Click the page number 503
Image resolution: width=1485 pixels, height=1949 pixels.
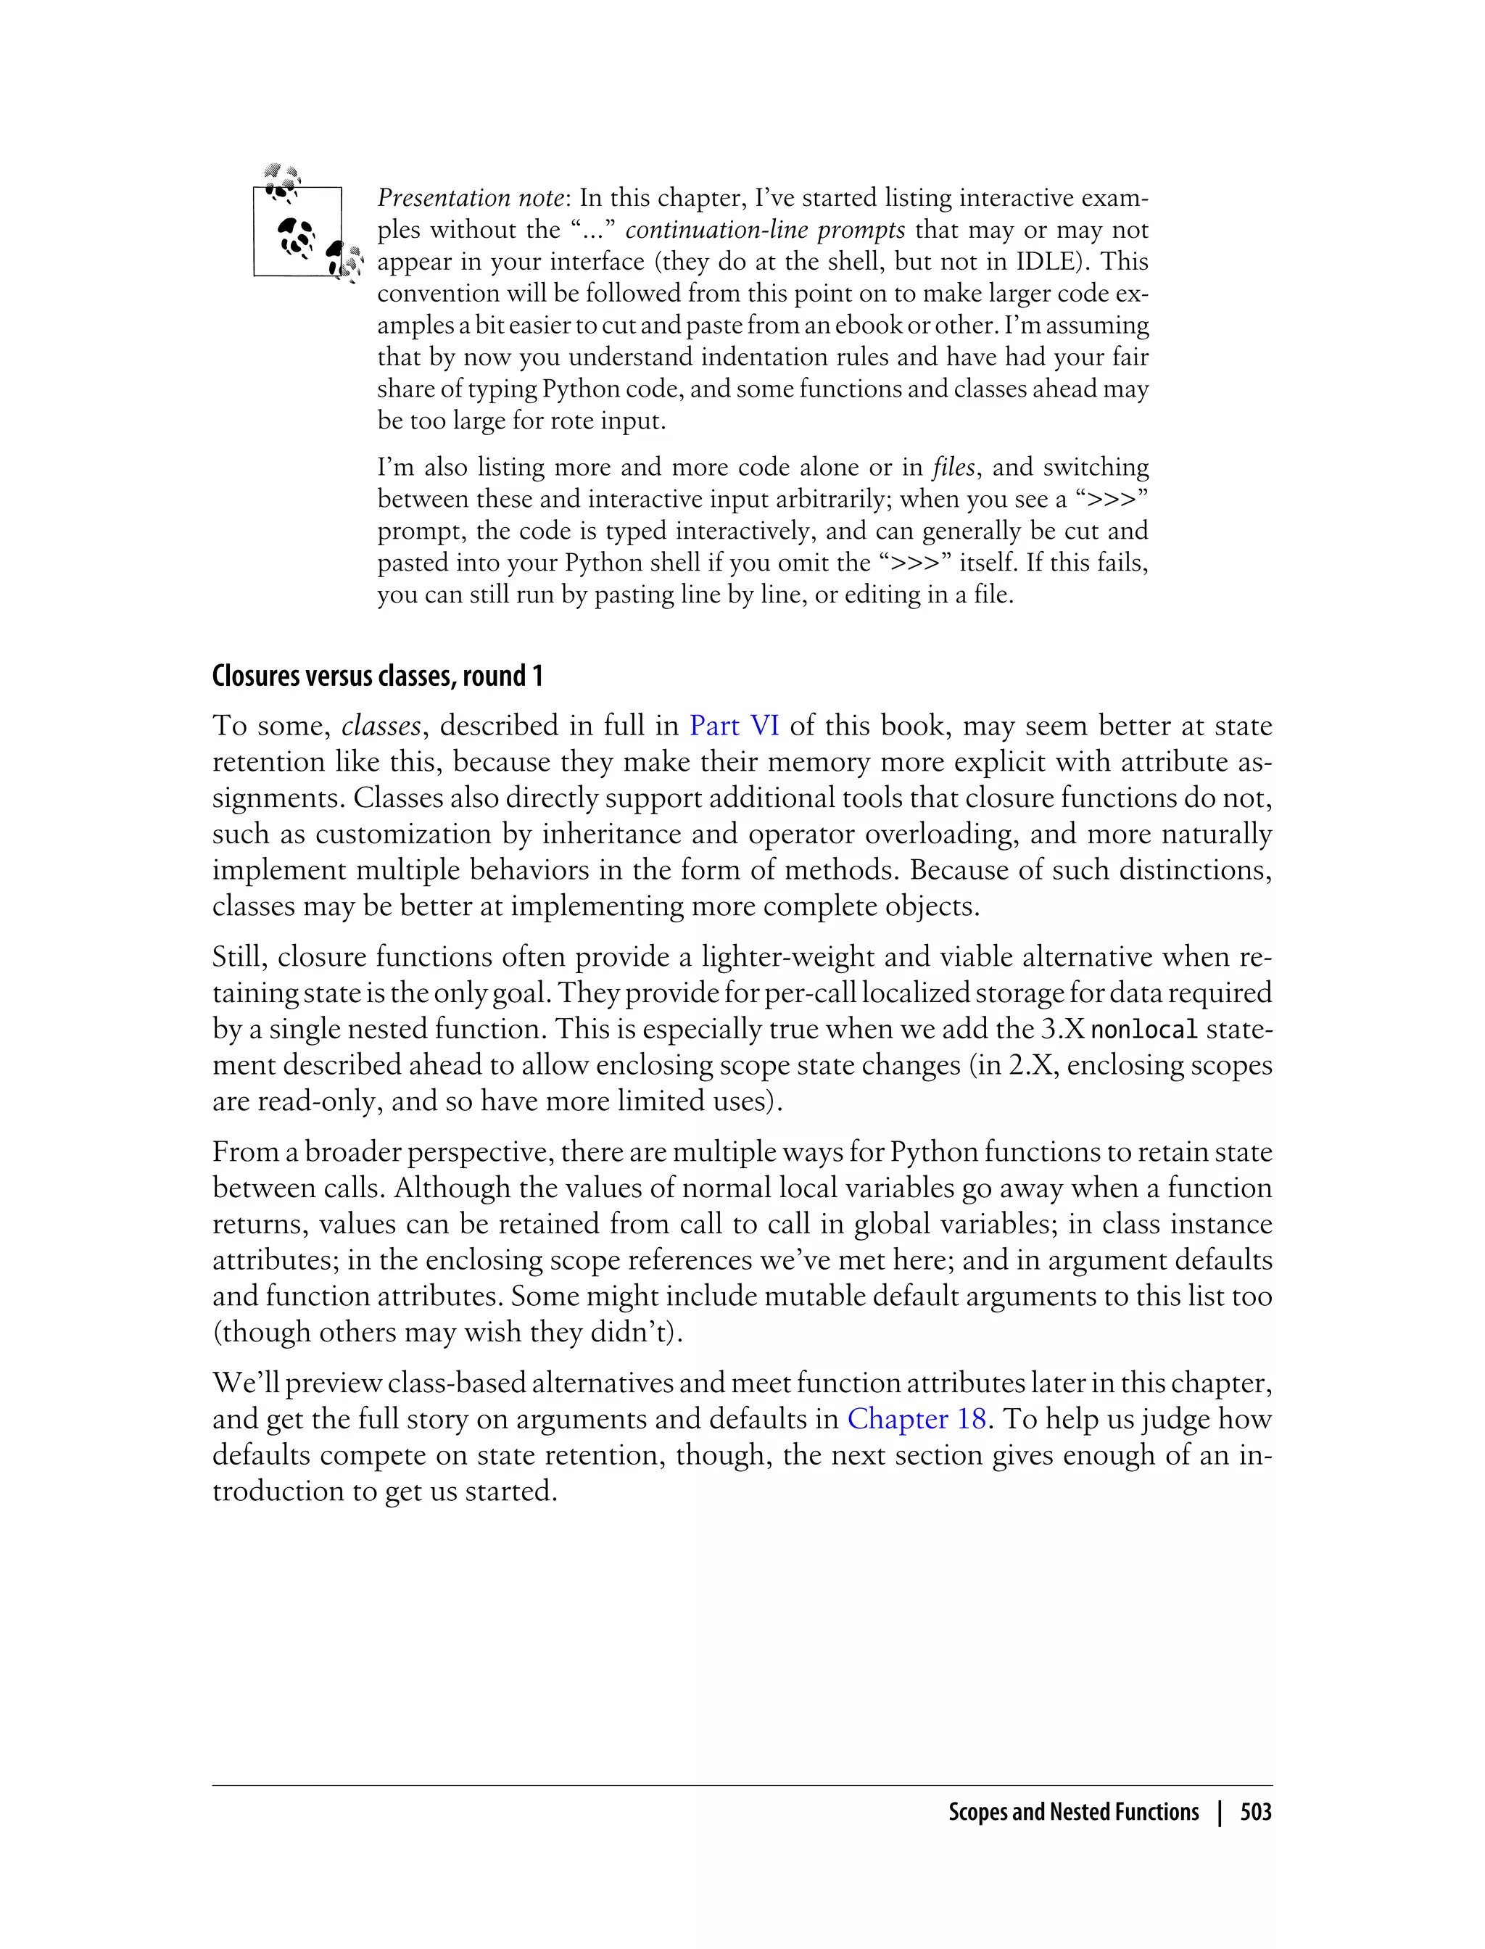pos(1255,1813)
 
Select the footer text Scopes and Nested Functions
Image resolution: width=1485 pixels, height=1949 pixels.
pos(1073,1813)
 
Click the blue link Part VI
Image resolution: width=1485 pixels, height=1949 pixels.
pos(734,727)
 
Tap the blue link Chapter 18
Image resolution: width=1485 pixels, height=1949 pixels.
pos(916,1420)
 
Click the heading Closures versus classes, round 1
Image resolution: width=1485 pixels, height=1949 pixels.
pos(378,676)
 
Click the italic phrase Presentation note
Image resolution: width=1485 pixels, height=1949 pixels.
pos(469,198)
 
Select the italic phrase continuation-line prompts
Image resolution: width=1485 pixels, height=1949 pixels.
pos(764,230)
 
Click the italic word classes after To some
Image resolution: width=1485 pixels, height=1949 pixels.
pos(381,727)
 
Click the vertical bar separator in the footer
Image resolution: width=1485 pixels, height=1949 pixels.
pos(1220,1813)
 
